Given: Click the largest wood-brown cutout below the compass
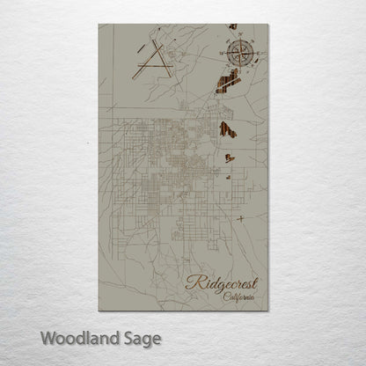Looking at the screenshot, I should pos(228,82).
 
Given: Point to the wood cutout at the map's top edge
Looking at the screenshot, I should pos(233,26).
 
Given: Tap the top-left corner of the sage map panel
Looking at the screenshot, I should pos(99,25).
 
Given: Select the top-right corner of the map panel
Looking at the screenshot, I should pos(267,25).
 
